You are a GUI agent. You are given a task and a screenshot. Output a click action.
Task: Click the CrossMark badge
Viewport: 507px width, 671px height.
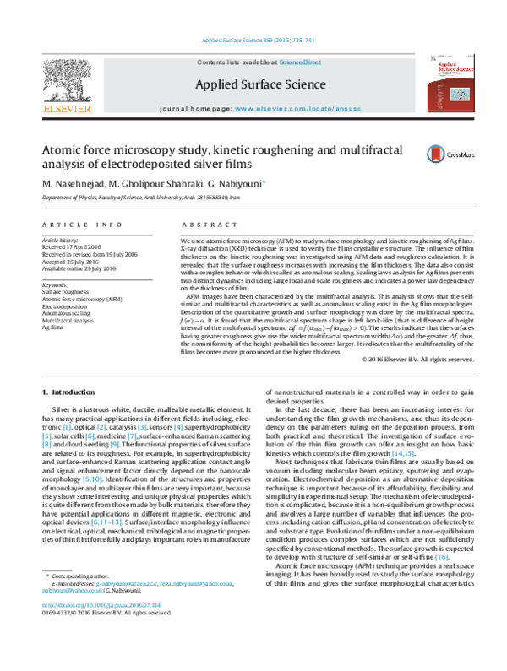[x=441, y=152]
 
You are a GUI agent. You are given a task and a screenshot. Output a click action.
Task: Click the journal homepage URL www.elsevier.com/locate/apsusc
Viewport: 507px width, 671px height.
[x=297, y=110]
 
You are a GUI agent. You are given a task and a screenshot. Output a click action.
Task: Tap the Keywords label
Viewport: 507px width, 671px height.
[x=55, y=285]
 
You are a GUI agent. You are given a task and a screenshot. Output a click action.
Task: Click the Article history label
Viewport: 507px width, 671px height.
[x=60, y=240]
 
